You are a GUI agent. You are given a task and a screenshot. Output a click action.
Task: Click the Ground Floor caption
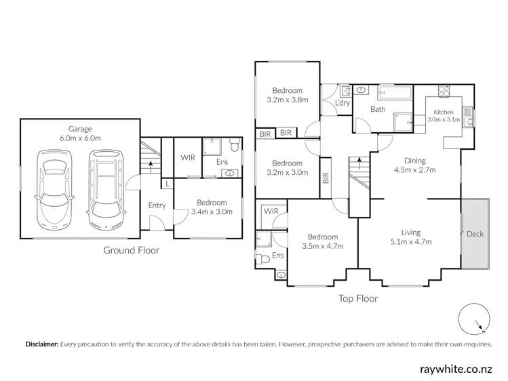131,250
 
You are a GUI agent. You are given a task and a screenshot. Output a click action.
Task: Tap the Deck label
475,235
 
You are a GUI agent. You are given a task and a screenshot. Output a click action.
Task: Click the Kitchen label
444,112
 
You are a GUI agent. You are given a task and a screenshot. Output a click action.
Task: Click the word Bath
378,109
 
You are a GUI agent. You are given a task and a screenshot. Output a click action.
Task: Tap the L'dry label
343,103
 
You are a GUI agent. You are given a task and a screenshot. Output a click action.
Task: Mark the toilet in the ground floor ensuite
233,146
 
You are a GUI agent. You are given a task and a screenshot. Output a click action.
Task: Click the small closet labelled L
167,183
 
